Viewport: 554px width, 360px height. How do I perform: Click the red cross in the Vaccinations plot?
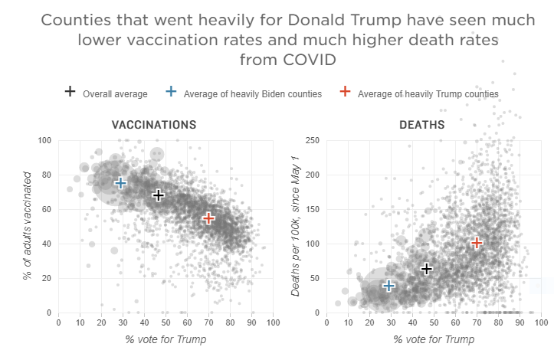pos(208,218)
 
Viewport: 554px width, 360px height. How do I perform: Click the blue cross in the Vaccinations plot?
pos(120,182)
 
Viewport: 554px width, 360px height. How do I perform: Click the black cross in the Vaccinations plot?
pos(159,195)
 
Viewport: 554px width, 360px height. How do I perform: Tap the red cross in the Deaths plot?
pos(477,243)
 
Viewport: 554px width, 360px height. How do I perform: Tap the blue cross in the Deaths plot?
pos(388,286)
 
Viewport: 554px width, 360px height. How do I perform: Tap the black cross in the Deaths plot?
pos(427,269)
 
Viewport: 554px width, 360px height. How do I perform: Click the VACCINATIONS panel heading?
pos(154,124)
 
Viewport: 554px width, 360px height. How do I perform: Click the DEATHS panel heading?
pos(421,124)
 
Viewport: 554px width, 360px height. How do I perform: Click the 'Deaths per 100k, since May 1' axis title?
pos(296,227)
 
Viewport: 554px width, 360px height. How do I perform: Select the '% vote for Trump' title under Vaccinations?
pos(166,339)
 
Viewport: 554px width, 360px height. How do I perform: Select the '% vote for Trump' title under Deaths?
pos(433,339)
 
